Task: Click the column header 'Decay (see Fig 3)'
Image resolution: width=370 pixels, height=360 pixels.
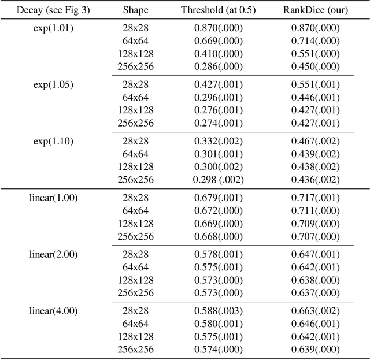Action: point(53,10)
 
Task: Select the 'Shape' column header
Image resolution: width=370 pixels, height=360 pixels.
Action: point(135,10)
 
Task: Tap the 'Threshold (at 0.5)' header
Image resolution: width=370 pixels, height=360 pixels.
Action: point(219,10)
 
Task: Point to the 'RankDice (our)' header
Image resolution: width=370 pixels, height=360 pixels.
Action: point(315,10)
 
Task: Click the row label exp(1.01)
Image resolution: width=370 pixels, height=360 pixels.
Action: point(53,28)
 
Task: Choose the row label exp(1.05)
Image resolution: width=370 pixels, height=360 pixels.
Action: point(53,84)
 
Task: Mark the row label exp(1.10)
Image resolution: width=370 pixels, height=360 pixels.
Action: point(53,141)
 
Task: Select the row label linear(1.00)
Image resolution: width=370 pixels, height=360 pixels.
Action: point(53,198)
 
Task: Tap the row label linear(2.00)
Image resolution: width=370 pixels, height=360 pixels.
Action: point(53,254)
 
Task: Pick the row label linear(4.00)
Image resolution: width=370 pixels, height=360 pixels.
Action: point(53,311)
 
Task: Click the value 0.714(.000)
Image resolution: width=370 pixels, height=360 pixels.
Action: point(315,40)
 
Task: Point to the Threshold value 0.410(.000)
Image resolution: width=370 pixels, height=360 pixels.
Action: point(219,53)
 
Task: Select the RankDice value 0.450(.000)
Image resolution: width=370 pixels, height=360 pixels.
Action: point(315,66)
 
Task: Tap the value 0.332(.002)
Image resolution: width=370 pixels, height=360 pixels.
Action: point(219,141)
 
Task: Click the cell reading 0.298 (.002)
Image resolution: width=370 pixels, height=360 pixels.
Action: point(219,179)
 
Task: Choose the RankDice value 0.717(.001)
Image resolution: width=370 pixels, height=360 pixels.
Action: point(315,198)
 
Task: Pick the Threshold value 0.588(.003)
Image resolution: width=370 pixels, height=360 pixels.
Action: point(219,311)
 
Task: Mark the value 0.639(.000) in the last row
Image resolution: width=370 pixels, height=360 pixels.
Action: point(315,349)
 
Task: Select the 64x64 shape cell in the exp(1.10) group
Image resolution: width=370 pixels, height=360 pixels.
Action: point(135,154)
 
